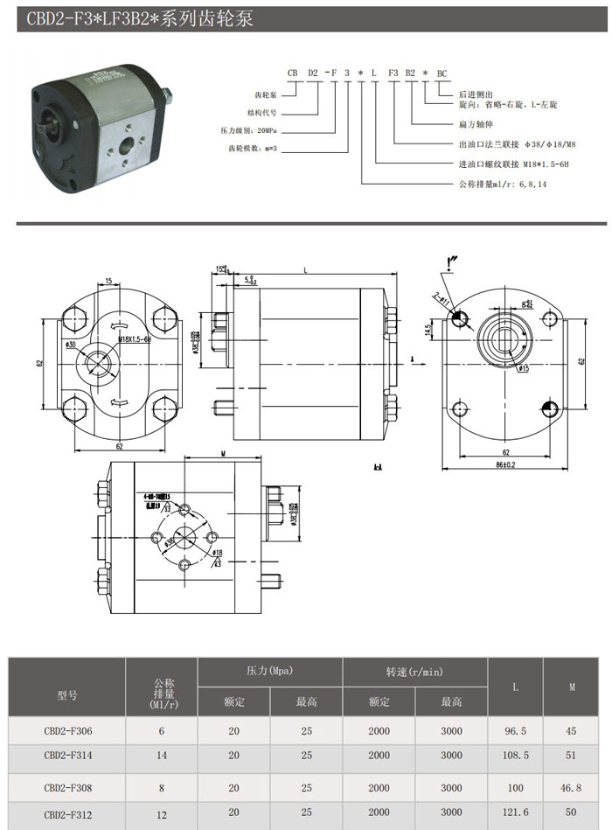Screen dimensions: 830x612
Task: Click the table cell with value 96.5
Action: point(515,729)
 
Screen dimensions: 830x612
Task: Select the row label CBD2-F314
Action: point(67,755)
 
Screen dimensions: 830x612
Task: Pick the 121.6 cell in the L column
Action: point(515,813)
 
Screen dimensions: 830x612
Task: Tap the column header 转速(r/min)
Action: point(414,672)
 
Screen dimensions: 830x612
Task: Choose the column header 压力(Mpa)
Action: point(269,672)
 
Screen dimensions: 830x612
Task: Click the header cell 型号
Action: point(67,695)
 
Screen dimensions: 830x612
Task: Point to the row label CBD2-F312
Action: point(67,813)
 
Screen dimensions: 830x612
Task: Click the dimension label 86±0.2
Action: point(505,464)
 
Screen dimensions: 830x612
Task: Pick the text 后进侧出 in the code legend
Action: point(477,94)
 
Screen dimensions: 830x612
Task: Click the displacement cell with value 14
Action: point(161,755)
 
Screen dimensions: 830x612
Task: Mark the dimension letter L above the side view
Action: point(304,270)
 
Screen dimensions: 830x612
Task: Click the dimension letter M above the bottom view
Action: point(224,454)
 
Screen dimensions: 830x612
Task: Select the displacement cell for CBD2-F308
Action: point(161,788)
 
